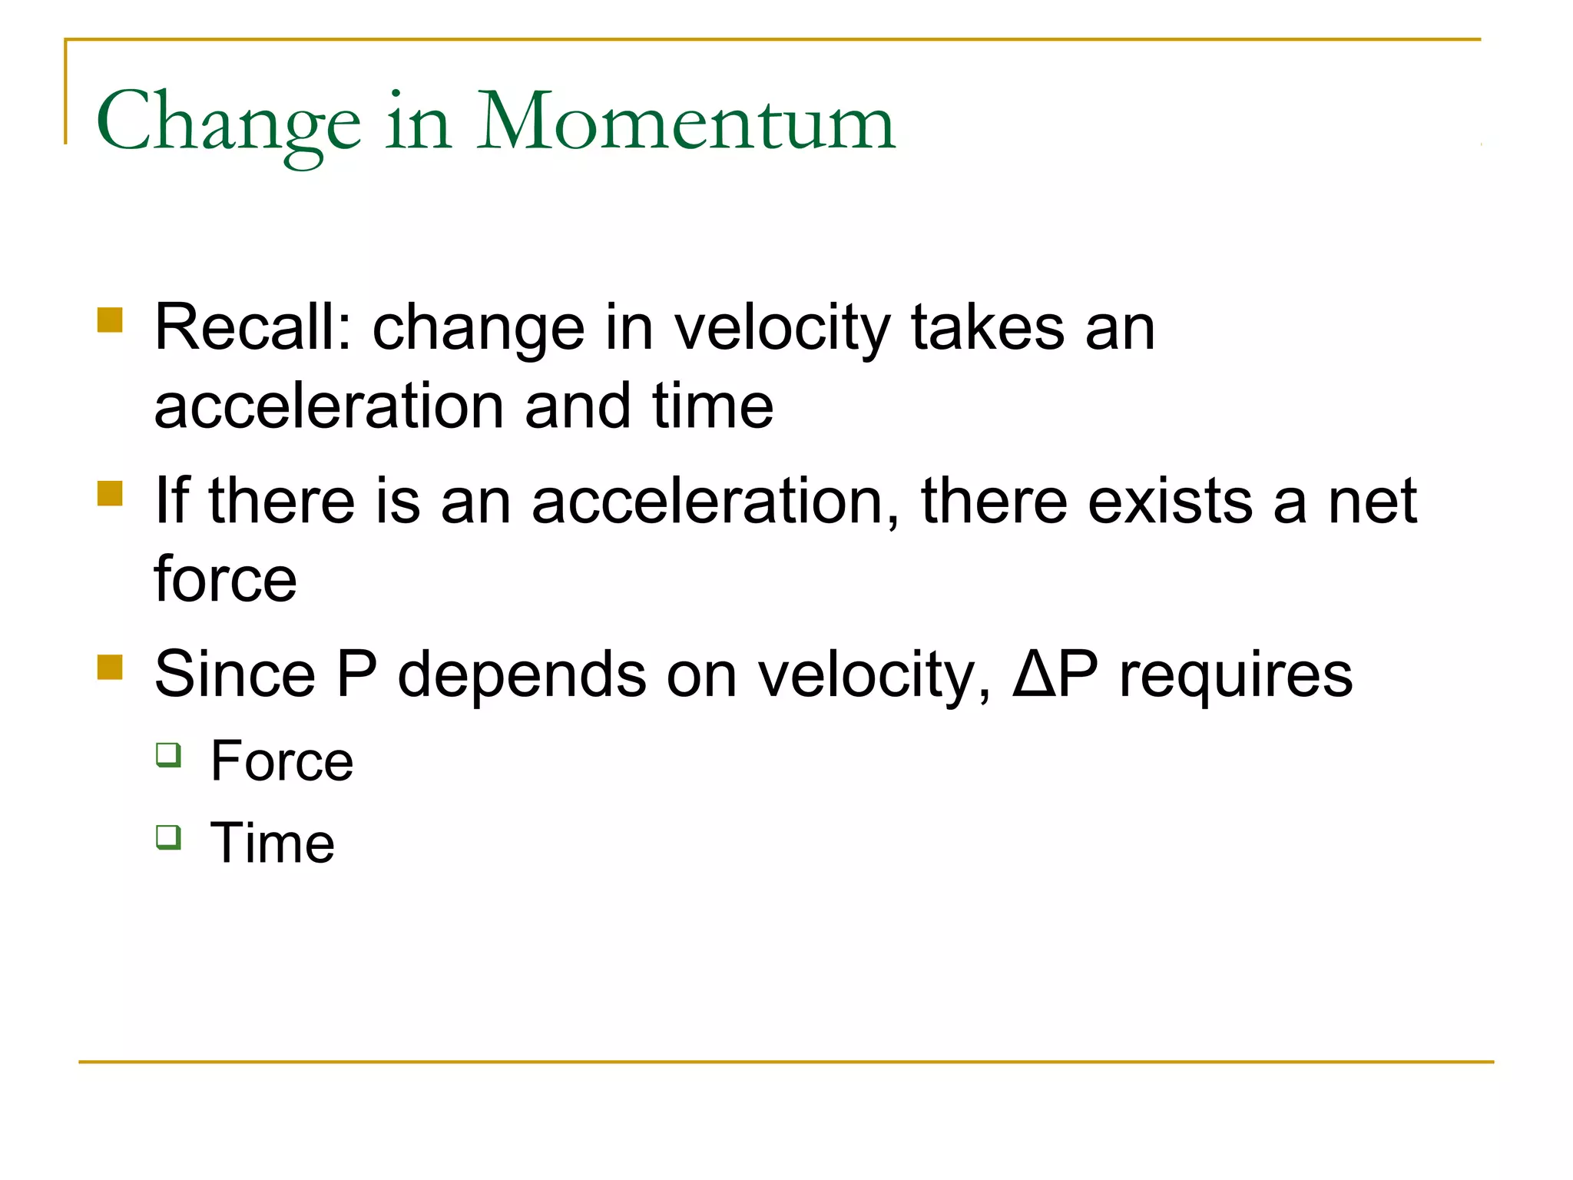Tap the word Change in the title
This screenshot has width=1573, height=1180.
(x=228, y=123)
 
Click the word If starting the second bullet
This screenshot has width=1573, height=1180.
(x=171, y=500)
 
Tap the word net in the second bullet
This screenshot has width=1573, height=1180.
(x=1372, y=500)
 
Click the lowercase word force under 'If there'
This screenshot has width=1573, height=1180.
(x=225, y=578)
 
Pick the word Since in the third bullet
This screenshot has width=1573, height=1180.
(x=235, y=674)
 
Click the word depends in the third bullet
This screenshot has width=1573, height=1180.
(x=522, y=674)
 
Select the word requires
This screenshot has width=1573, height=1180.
(x=1236, y=675)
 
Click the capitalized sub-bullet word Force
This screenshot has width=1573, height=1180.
(x=282, y=761)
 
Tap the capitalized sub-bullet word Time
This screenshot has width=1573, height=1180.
(x=273, y=843)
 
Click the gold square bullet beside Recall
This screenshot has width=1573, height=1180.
(x=111, y=320)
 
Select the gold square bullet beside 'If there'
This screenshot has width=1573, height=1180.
(x=111, y=493)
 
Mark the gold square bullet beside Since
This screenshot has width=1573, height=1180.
(x=111, y=667)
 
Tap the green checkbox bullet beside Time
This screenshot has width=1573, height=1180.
(x=169, y=837)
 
